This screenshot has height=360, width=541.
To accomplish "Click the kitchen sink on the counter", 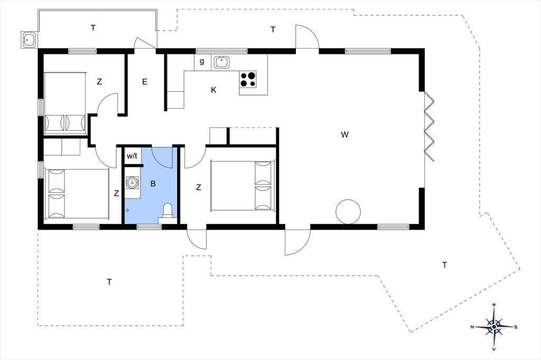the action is coord(221,62).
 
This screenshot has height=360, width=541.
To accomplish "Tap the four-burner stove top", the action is coord(248,79).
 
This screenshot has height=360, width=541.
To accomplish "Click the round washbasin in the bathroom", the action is coord(132,183).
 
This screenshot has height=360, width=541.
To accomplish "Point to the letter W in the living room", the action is coord(344,135).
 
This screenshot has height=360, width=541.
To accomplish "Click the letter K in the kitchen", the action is coord(213,90).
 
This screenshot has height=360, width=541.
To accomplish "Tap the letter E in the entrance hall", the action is coord(145,82).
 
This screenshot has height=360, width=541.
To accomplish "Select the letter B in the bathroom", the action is coord(153,184).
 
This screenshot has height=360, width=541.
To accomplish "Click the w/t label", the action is coord(132,156).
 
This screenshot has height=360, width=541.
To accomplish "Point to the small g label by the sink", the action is coord(202,61).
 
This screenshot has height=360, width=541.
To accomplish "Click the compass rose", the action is coord(494,326).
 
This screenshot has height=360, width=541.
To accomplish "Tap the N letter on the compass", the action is coord(472,327).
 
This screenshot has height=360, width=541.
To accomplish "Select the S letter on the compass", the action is coord(516,327).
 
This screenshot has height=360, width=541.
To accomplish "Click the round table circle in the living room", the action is coord(348,212).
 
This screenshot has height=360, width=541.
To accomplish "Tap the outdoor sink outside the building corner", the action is coord(29,40).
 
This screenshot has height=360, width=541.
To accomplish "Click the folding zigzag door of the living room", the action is coord(429,127).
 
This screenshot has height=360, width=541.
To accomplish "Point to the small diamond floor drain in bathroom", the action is coord(127,210).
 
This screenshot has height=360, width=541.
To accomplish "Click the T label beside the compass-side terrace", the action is coord(444,265).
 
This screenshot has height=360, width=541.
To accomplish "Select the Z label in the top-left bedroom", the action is coord(99,82).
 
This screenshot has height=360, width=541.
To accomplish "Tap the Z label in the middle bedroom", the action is coord(199,187).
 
